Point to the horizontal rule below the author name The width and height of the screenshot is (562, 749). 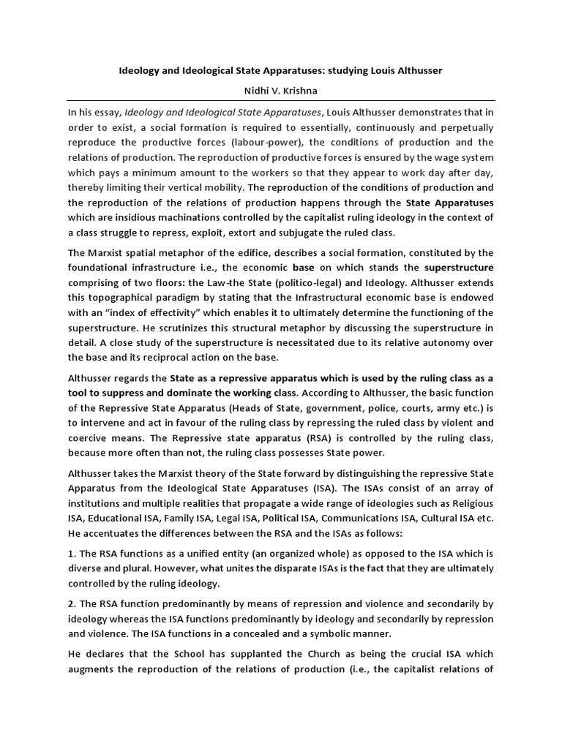click(281, 100)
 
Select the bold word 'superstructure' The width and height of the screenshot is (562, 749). click(459, 267)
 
